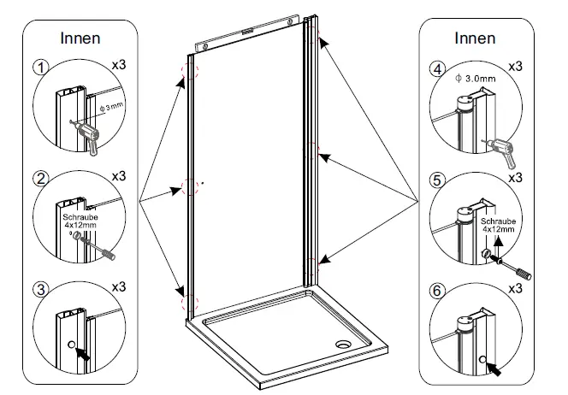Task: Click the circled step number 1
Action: tap(40, 68)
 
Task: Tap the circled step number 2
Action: tap(40, 180)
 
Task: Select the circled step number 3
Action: tap(39, 289)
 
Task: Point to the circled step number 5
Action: tap(438, 181)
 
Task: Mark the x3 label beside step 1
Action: tap(118, 66)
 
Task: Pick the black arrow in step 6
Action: tap(497, 368)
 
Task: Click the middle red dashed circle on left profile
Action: tap(188, 187)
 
